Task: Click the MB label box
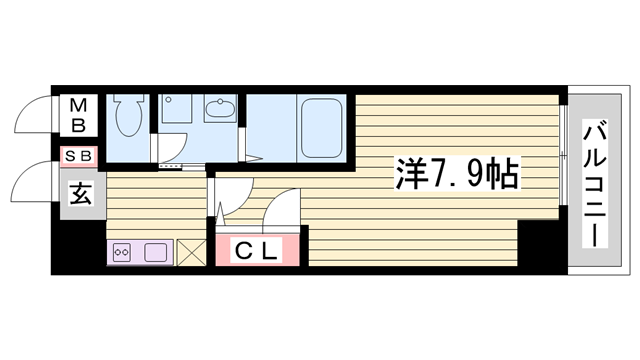pyautogui.click(x=79, y=114)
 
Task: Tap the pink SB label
pyautogui.click(x=79, y=155)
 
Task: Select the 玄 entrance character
pyautogui.click(x=79, y=193)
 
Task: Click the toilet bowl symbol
pyautogui.click(x=128, y=118)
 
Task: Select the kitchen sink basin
pyautogui.click(x=156, y=252)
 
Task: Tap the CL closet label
pyautogui.click(x=255, y=250)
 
